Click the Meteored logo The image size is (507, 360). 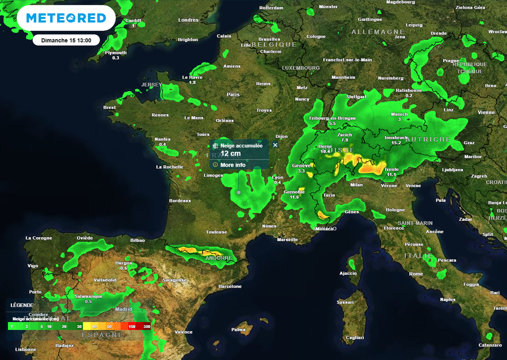point(66,18)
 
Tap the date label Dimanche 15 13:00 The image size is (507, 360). point(66,40)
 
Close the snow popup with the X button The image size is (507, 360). point(275,145)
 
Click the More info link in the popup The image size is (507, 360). point(233,165)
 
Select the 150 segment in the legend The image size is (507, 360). point(132,326)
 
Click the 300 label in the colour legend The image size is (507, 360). point(147,326)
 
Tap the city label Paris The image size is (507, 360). point(233,95)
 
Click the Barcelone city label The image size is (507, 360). point(230,286)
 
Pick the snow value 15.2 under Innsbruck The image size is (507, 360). point(396,143)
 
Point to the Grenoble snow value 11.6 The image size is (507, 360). point(294,197)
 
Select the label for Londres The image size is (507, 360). point(188,20)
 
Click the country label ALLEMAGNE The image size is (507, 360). point(378,32)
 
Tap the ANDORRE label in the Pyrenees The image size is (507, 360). point(218,258)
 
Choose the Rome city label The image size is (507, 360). point(416,274)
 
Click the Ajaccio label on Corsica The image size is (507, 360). point(348,273)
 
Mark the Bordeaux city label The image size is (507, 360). point(180,201)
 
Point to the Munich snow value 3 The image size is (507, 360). point(399,119)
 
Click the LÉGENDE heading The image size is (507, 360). point(22,305)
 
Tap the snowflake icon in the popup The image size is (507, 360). point(215,146)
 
